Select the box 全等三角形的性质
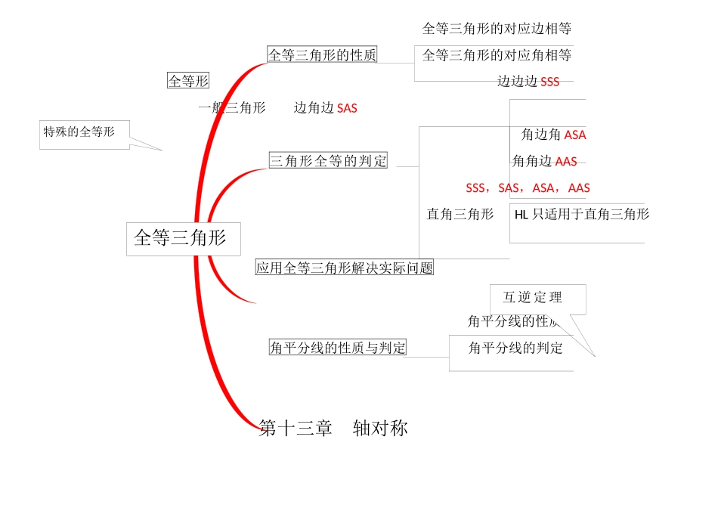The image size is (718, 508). (322, 54)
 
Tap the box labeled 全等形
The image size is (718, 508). (188, 81)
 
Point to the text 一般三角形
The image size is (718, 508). (231, 108)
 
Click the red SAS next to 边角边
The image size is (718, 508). (347, 109)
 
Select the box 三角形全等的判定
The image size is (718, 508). (328, 160)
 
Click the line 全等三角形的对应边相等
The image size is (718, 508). (497, 29)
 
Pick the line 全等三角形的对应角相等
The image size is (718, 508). (497, 55)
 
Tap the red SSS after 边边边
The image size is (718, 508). (550, 82)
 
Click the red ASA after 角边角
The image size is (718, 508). (575, 135)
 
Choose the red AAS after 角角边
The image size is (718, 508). (566, 162)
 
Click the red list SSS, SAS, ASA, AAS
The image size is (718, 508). (528, 188)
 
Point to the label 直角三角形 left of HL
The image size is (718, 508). (460, 215)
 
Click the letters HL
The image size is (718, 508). (521, 215)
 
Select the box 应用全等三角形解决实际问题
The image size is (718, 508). (345, 268)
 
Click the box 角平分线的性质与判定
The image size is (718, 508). (338, 348)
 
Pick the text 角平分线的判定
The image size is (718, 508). (515, 348)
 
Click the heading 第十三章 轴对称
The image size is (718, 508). (333, 429)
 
